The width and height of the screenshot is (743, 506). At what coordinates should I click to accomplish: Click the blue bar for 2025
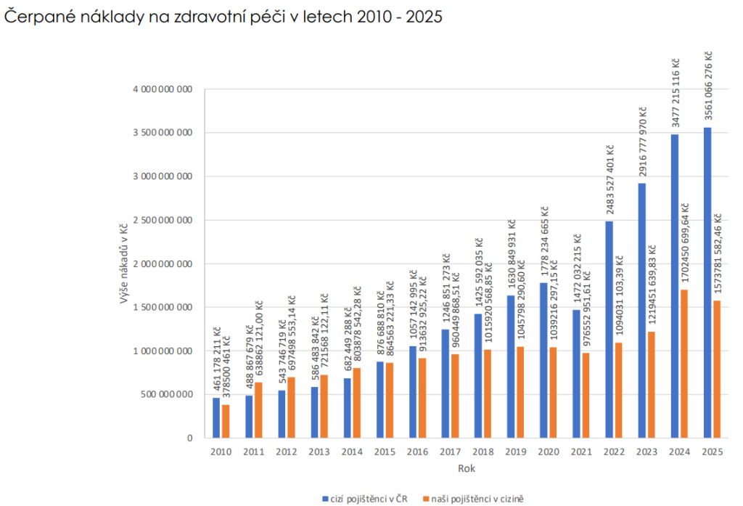[707, 283]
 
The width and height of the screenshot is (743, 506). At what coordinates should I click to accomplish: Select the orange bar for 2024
[684, 364]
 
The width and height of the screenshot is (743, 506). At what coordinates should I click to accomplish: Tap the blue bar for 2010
[216, 417]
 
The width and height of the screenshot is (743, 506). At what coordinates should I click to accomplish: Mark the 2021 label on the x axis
[580, 452]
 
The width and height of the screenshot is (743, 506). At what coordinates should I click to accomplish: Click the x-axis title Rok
[466, 468]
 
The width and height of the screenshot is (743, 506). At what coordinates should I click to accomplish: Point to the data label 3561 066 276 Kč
[708, 88]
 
